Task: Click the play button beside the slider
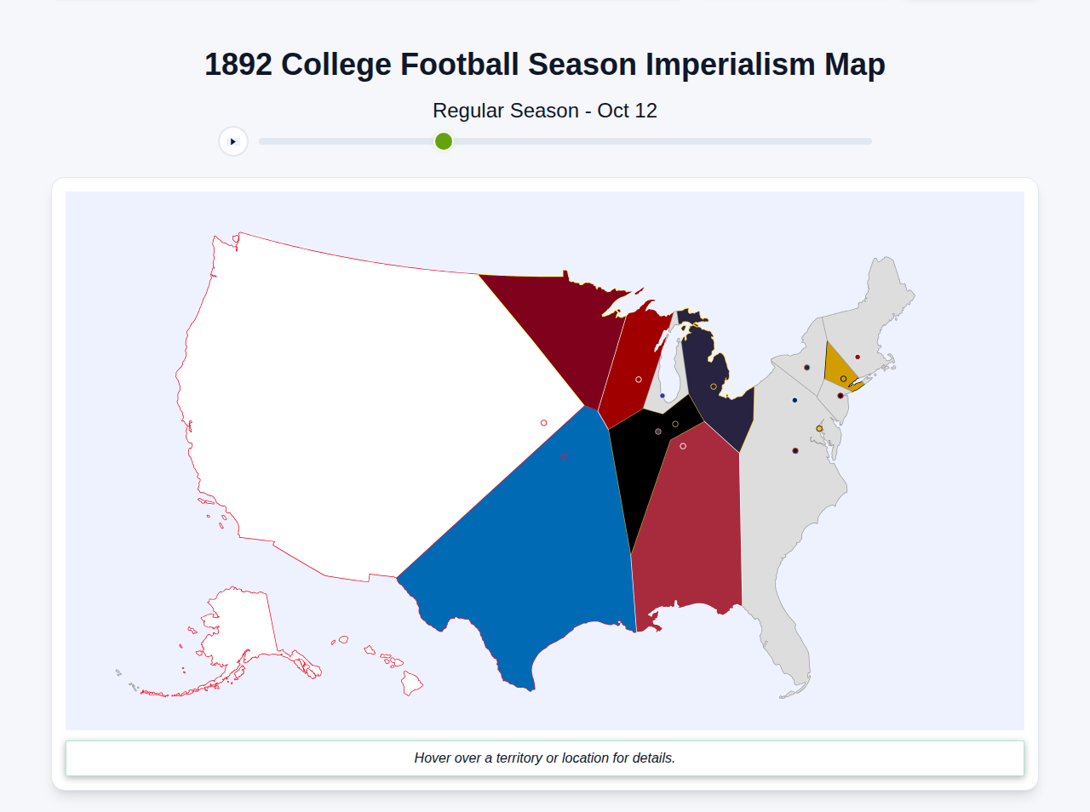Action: point(233,141)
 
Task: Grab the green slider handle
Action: point(444,141)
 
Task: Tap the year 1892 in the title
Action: point(238,65)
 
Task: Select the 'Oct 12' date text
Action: point(627,111)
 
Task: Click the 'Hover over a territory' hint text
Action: point(544,758)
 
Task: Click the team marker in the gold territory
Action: point(843,379)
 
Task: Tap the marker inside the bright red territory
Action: point(639,380)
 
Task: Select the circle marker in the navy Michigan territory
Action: point(714,386)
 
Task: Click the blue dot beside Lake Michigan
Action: point(663,396)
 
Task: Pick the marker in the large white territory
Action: point(544,423)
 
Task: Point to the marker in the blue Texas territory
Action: point(564,456)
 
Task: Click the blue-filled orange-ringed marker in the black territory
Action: point(658,432)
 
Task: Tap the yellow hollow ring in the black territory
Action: point(675,424)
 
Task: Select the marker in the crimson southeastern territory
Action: point(683,446)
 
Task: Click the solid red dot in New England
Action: point(858,357)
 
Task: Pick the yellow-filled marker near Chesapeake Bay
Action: point(819,428)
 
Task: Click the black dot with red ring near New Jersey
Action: point(840,396)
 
